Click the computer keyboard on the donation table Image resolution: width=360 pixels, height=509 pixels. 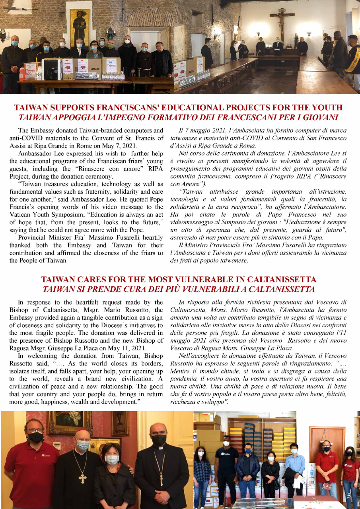[86, 75]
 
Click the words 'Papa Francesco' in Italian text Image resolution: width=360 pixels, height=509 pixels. [296, 215]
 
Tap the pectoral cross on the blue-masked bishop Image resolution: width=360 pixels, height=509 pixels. [83, 477]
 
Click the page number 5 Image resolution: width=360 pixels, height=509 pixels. [348, 496]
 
